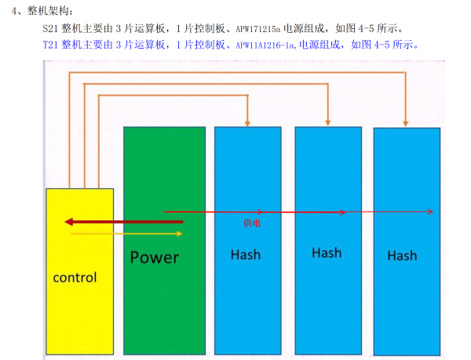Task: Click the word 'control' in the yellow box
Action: [x=75, y=278]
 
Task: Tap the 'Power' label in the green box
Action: [x=155, y=257]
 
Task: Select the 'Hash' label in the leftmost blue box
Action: [x=246, y=255]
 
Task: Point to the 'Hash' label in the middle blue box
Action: [x=326, y=253]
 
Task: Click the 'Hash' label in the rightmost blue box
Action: [x=402, y=256]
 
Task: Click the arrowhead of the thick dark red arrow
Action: [x=69, y=221]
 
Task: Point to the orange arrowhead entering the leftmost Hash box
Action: [x=248, y=122]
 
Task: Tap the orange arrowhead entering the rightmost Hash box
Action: [x=406, y=122]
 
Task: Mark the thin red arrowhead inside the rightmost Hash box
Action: [x=430, y=212]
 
